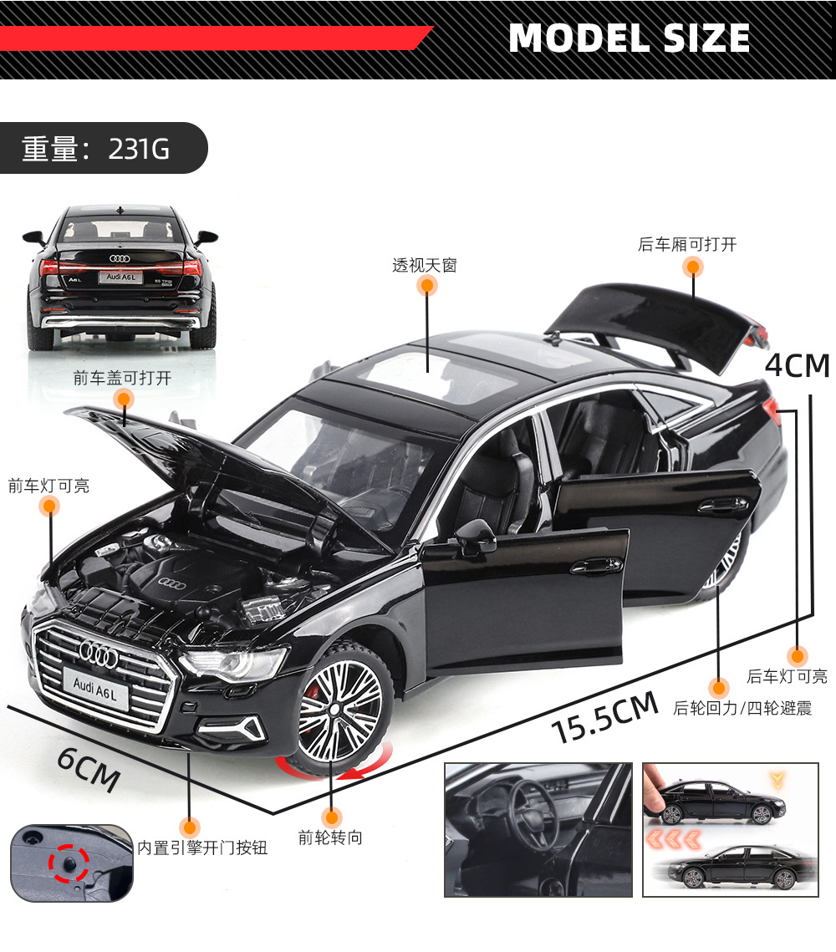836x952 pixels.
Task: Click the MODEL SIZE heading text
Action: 629,38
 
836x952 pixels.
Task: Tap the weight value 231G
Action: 139,149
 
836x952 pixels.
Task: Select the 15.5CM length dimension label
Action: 605,718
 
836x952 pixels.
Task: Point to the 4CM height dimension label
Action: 797,366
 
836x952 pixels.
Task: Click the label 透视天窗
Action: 425,266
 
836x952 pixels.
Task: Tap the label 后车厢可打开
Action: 687,244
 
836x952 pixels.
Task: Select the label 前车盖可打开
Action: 122,378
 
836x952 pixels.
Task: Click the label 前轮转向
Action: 330,837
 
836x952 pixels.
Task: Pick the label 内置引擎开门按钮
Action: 202,848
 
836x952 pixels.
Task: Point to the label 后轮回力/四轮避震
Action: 742,709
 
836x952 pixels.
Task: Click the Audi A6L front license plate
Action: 95,683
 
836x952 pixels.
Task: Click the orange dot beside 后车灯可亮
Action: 798,655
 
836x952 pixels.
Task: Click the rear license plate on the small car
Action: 120,276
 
